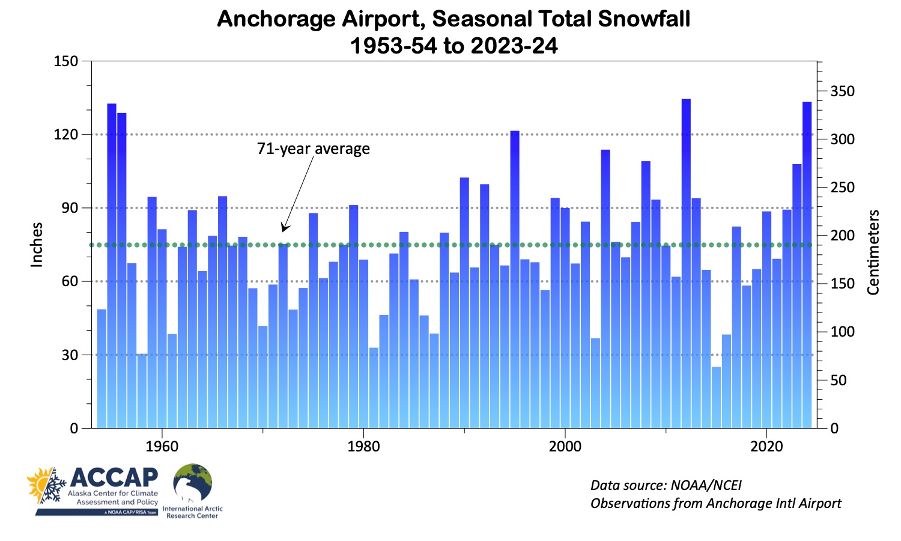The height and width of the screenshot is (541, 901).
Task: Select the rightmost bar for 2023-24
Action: point(807,264)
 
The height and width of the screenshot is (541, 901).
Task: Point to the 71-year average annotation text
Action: point(313,148)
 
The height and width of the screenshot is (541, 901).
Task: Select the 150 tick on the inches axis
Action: point(66,61)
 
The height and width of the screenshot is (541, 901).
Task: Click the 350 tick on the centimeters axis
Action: point(842,91)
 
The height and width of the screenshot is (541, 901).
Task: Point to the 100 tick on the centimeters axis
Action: point(842,332)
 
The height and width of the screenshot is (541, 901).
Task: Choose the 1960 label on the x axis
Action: point(162,446)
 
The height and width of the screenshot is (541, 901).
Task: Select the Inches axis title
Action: point(37,245)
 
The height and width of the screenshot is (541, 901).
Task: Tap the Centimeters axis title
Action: point(873,252)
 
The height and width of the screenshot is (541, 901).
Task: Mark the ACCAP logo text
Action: point(114,478)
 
